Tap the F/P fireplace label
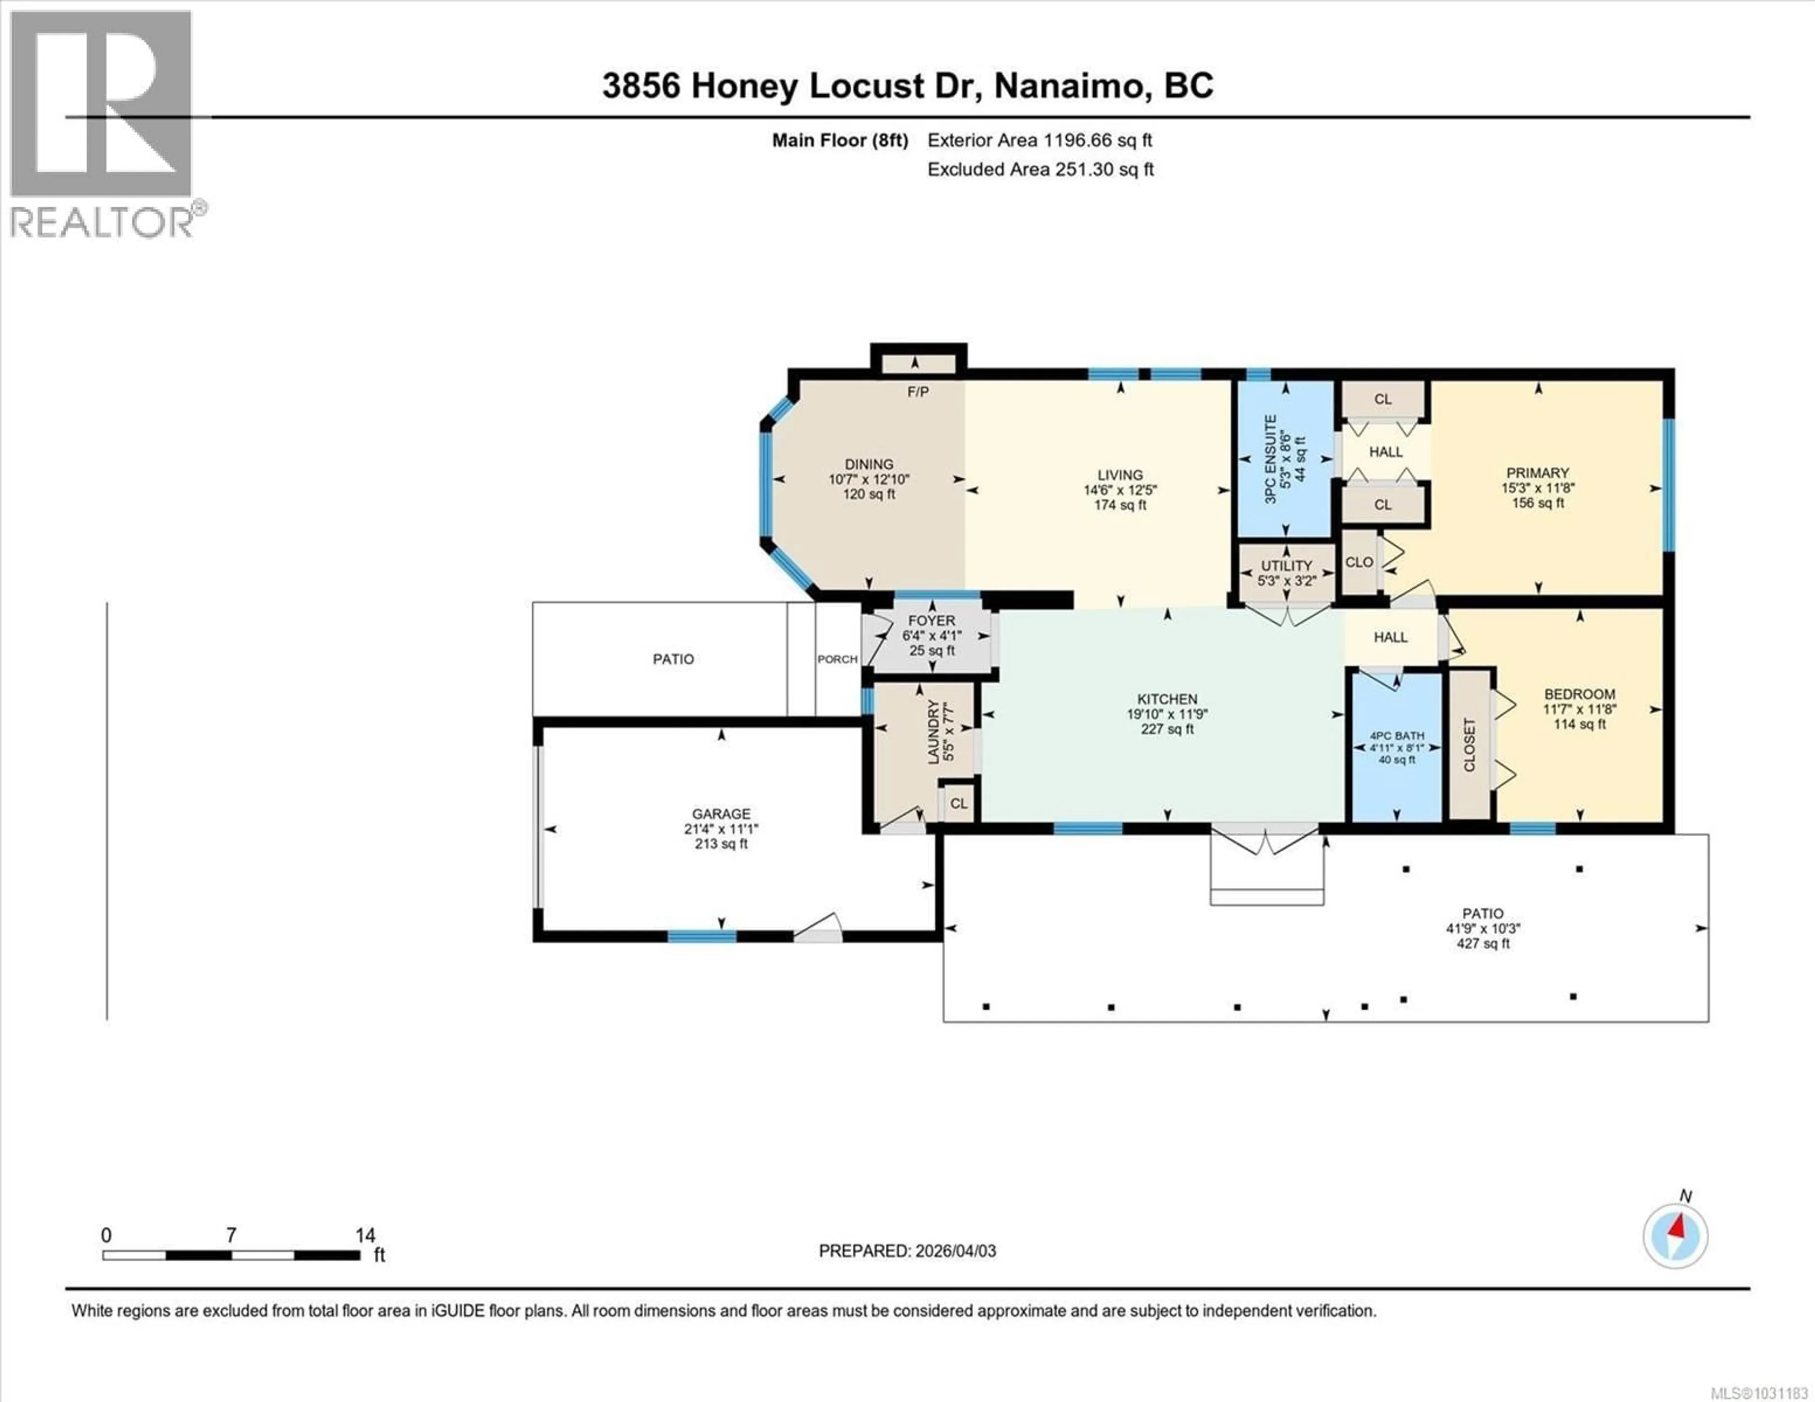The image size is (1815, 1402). tap(917, 391)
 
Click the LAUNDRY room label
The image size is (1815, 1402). tap(933, 731)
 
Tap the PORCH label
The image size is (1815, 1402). tap(837, 659)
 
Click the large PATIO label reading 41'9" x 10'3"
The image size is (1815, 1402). tap(1483, 929)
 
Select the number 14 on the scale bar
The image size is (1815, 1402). tap(365, 1236)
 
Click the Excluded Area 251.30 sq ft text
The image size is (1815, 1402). tap(1040, 170)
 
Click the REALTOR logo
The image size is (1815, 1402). tap(102, 125)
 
